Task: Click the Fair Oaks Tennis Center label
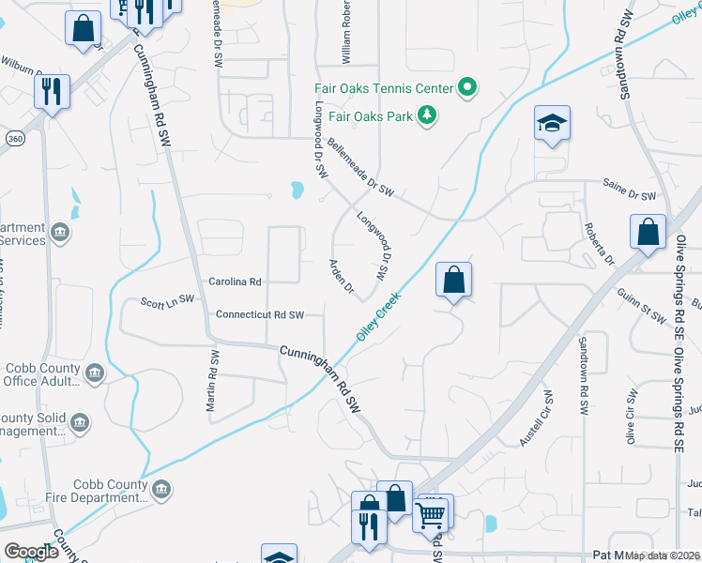(x=383, y=89)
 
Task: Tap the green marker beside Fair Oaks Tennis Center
(x=466, y=89)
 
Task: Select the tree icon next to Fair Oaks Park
(x=428, y=114)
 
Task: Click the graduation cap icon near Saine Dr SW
(x=552, y=124)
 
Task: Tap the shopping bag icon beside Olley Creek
(x=453, y=280)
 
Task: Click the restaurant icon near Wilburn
(x=50, y=91)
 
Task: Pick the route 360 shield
(x=14, y=138)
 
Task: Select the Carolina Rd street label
(x=235, y=281)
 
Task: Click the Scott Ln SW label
(x=166, y=300)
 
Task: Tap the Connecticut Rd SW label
(x=260, y=315)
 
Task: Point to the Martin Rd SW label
(x=213, y=382)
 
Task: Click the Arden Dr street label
(x=341, y=278)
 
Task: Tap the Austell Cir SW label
(x=535, y=418)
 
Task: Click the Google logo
(x=31, y=551)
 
